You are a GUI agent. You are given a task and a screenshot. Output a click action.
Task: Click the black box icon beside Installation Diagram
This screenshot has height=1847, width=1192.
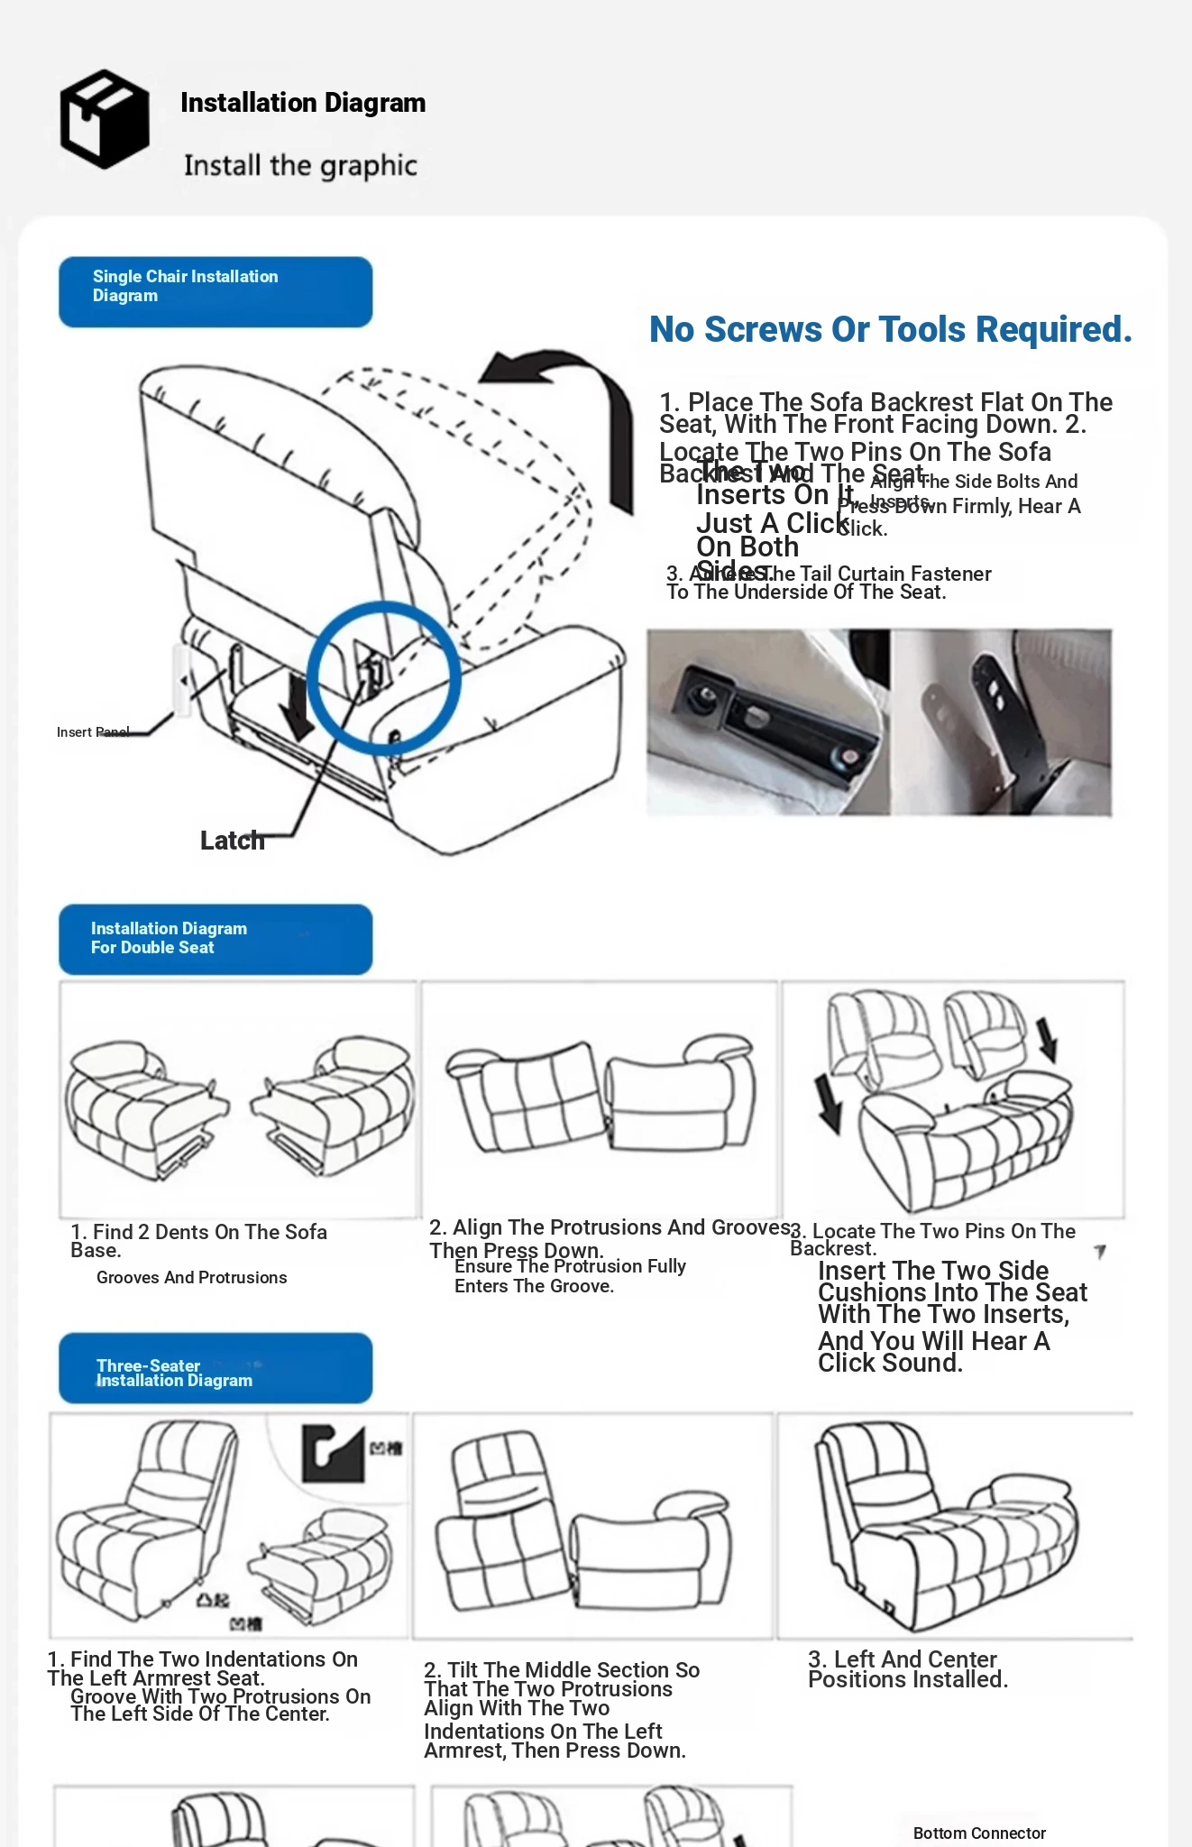105,119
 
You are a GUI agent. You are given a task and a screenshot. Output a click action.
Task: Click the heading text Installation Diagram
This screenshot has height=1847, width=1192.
303,103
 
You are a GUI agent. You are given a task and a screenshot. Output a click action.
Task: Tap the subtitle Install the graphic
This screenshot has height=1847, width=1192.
300,166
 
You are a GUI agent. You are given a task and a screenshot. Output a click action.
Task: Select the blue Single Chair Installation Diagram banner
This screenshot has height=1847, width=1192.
215,291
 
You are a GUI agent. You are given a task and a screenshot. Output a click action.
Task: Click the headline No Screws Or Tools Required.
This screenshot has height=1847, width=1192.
890,330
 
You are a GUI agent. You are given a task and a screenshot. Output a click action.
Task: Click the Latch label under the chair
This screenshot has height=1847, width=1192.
232,841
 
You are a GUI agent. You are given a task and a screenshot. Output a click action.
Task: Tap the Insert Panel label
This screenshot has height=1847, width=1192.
93,732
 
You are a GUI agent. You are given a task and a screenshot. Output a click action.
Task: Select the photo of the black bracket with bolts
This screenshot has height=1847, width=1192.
768,722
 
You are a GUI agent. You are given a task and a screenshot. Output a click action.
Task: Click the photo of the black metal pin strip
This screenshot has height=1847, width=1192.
1001,722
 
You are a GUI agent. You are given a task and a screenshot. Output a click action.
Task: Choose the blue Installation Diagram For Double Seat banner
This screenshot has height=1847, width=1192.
215,939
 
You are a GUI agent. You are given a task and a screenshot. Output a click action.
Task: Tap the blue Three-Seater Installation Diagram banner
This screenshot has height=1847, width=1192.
215,1368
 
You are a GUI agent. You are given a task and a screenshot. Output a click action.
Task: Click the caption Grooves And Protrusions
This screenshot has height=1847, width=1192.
191,1278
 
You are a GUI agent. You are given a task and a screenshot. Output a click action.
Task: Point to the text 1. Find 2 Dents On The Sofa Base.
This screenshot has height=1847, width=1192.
198,1241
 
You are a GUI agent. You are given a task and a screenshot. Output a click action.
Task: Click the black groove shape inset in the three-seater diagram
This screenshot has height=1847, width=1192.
333,1452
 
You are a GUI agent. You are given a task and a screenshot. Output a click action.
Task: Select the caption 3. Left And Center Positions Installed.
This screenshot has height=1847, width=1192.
907,1669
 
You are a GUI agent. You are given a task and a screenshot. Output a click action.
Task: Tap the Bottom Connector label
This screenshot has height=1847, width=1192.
979,1833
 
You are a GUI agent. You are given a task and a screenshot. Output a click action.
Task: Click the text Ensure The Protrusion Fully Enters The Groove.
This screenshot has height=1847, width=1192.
570,1276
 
